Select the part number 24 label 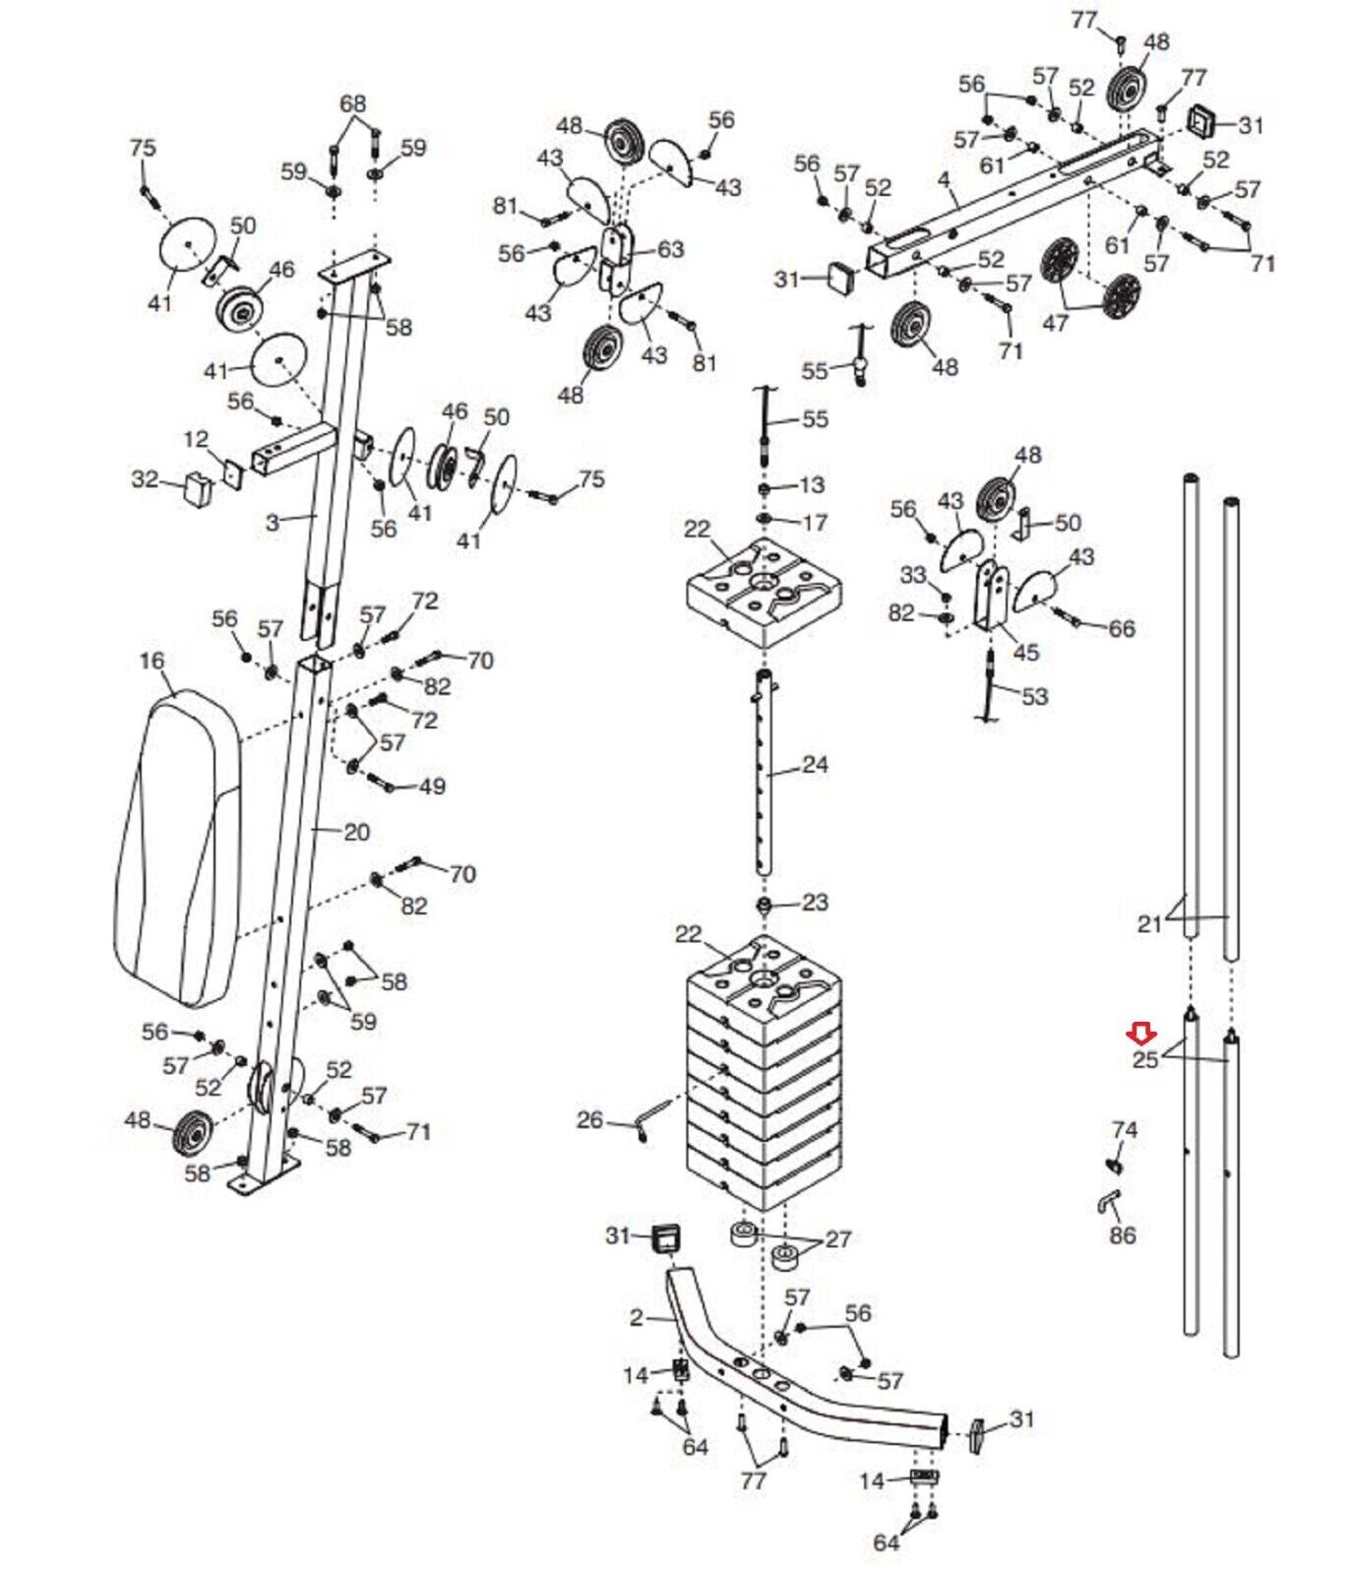[x=815, y=764]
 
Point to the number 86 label [x=1122, y=1234]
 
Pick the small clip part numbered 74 [x=1115, y=1165]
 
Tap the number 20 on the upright [x=356, y=832]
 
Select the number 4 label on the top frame [x=945, y=180]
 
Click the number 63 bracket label [x=670, y=249]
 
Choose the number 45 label [x=1025, y=652]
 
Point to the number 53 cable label [x=1034, y=697]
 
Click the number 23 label [x=815, y=902]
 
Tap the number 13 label [x=812, y=484]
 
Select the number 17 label [x=815, y=522]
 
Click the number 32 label [x=145, y=479]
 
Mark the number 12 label [x=196, y=438]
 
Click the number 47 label [x=1055, y=322]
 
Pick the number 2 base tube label [x=637, y=1316]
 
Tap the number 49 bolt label [x=432, y=786]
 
